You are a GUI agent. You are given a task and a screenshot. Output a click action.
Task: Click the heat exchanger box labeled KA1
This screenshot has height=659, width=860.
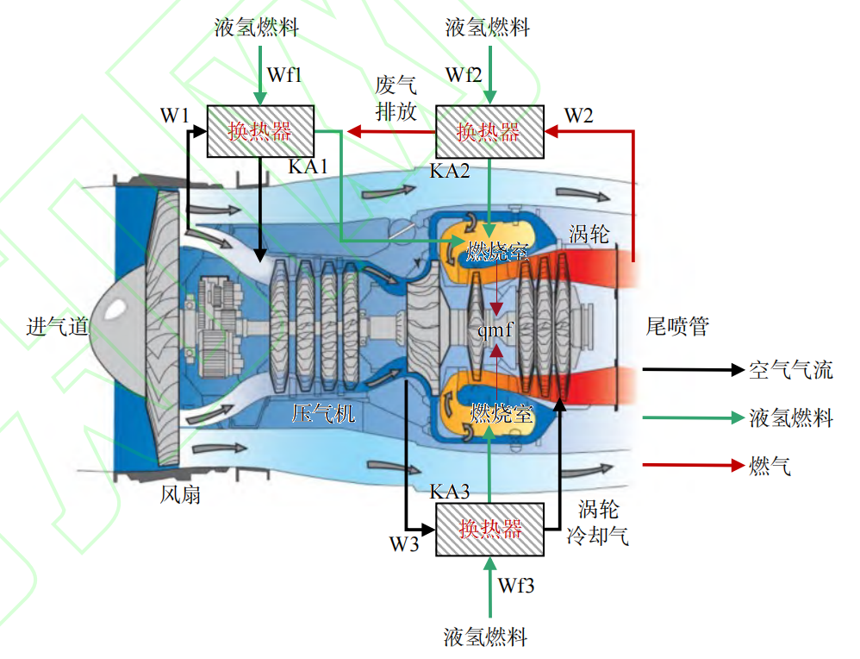click(260, 131)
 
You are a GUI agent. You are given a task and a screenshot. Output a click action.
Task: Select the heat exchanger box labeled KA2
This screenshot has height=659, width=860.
click(489, 131)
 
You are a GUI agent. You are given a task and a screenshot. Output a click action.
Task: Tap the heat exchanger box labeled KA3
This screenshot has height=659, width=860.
click(491, 529)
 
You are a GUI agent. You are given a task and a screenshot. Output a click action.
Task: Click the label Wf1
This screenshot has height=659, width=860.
click(284, 74)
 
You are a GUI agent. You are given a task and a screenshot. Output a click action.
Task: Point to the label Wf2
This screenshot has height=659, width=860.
click(464, 74)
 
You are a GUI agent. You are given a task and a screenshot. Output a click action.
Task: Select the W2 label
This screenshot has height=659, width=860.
click(578, 115)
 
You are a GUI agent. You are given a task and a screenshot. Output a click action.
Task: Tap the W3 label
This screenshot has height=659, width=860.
click(403, 544)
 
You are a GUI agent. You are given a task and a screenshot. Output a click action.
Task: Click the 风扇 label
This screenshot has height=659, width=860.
click(180, 495)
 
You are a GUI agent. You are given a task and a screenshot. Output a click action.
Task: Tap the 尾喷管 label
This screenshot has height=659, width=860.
click(677, 327)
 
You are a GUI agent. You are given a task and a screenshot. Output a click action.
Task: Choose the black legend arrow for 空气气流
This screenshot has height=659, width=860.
click(693, 370)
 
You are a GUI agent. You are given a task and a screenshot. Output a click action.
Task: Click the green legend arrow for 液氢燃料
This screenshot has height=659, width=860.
click(693, 417)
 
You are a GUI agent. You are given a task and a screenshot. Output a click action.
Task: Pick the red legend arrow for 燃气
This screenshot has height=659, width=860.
click(693, 466)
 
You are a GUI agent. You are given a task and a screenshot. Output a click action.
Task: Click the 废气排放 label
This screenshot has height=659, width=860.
click(396, 98)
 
